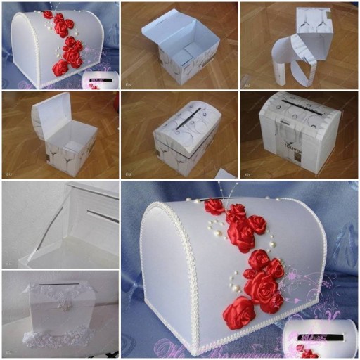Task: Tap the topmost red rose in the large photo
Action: [214, 206]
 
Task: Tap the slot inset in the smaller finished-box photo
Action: [94, 80]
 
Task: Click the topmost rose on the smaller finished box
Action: [49, 14]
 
